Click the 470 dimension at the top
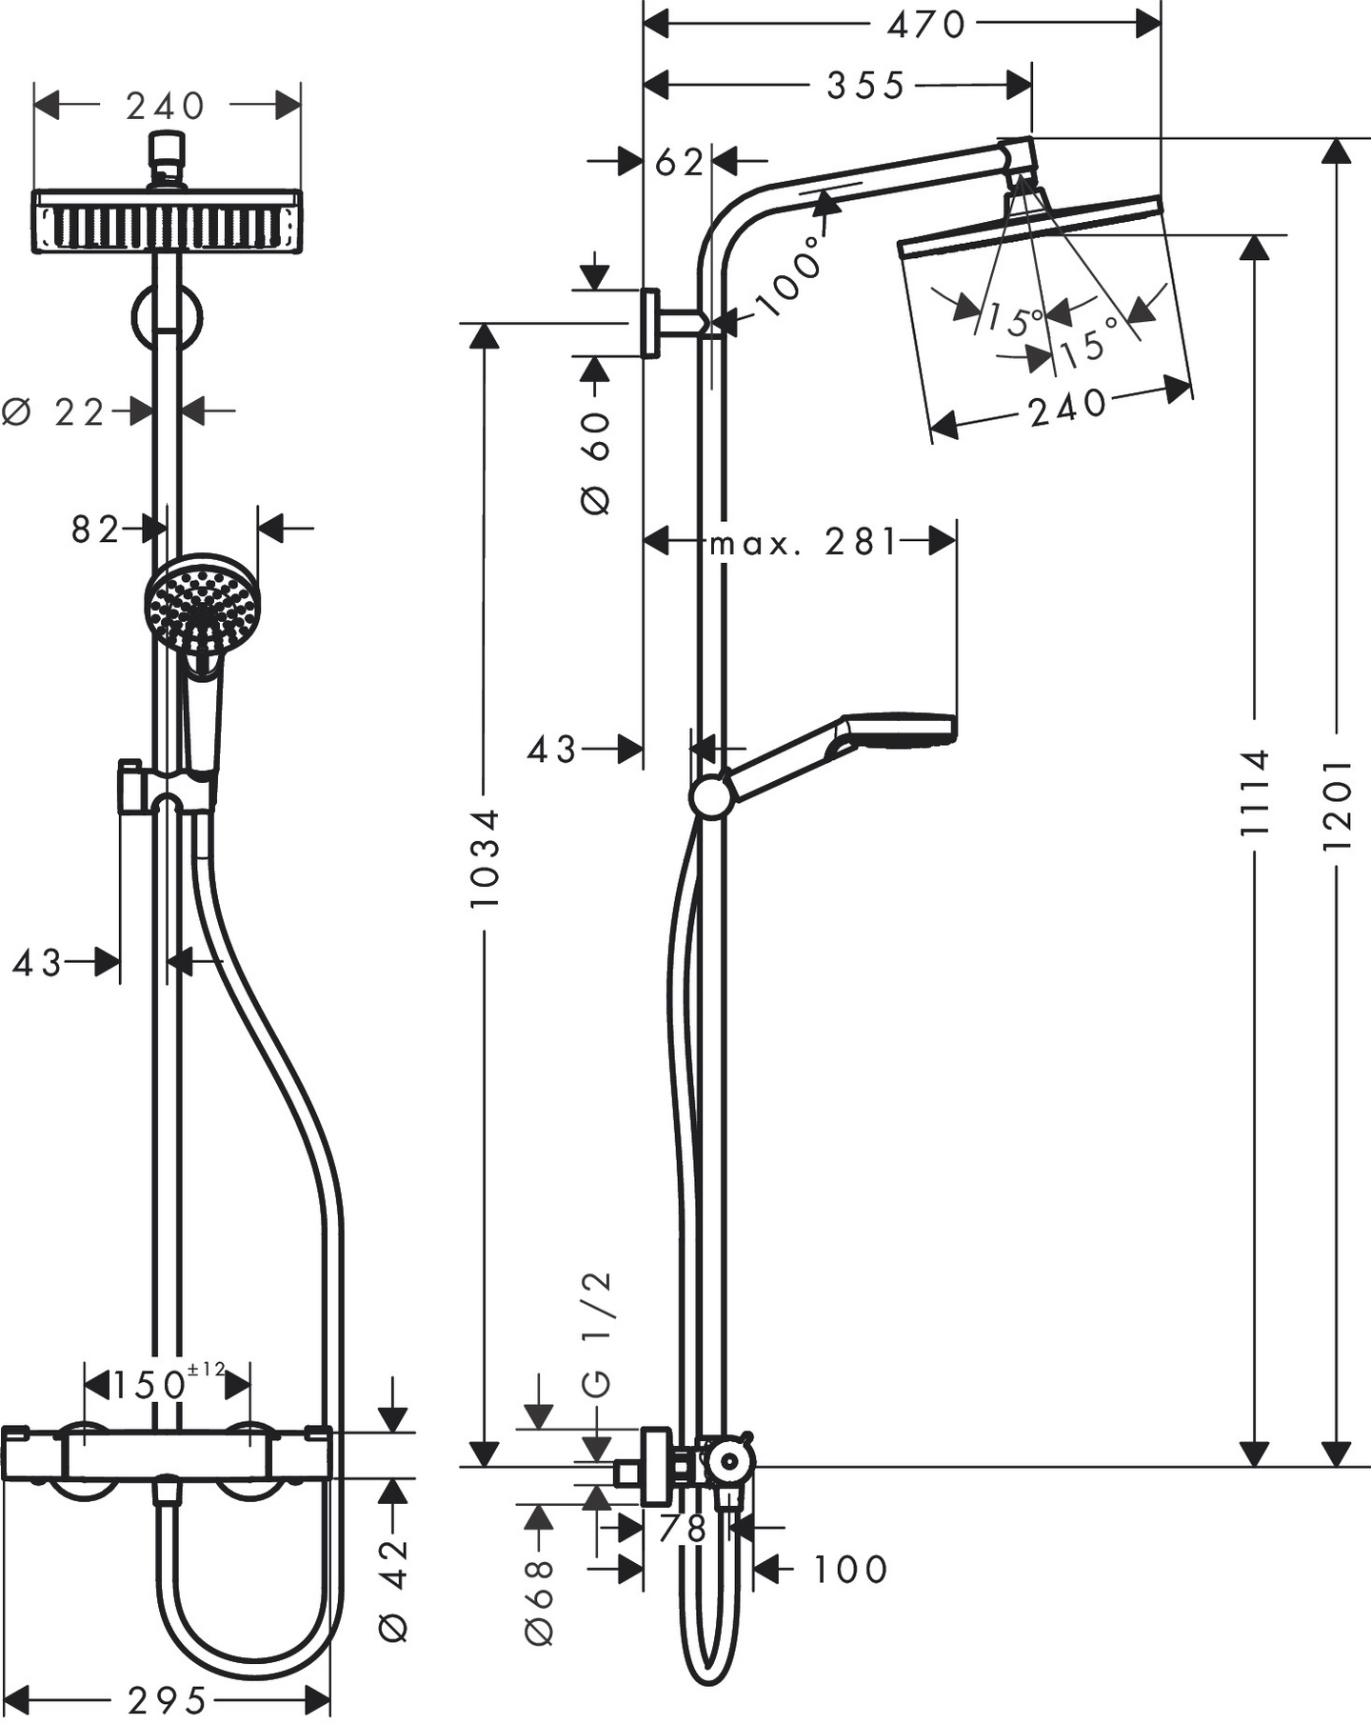[x=925, y=25]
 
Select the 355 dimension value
[x=864, y=87]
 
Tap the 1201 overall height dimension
[x=1338, y=805]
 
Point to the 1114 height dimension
[x=1255, y=792]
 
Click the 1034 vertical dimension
[x=485, y=857]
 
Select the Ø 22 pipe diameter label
[x=55, y=412]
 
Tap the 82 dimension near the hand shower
[x=95, y=530]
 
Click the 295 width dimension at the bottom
[x=168, y=1699]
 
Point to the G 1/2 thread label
[x=597, y=1335]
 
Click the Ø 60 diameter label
[x=596, y=463]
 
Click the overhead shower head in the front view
[x=168, y=220]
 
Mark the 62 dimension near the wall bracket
[x=679, y=163]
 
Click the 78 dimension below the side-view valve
[x=682, y=1529]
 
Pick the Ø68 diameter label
[x=539, y=1602]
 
